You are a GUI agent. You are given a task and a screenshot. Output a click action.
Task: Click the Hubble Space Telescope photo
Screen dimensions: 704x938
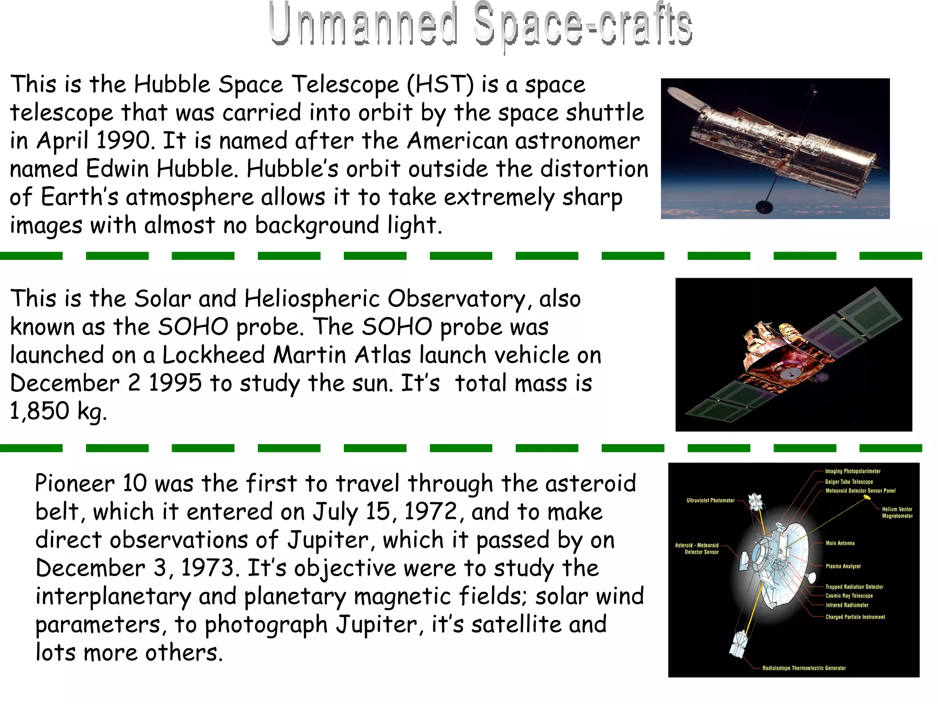click(775, 148)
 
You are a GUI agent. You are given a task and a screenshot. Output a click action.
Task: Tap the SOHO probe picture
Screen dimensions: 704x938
click(793, 354)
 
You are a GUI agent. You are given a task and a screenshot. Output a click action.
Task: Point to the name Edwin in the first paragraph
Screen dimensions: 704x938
click(117, 169)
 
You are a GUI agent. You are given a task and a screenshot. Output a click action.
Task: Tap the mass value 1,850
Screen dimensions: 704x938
click(39, 411)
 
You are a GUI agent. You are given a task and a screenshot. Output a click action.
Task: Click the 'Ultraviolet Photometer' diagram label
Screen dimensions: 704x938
click(710, 500)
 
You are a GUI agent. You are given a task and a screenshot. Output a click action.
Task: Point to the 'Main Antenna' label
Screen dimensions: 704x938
click(840, 543)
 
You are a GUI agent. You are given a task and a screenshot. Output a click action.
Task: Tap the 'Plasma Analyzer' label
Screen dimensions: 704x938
click(843, 566)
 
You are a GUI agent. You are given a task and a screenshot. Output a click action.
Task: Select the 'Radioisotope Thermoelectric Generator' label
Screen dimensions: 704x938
click(804, 668)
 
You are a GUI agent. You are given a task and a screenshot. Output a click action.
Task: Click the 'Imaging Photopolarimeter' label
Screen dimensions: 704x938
click(853, 471)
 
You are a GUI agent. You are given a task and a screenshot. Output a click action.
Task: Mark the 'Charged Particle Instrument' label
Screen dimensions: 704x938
click(855, 617)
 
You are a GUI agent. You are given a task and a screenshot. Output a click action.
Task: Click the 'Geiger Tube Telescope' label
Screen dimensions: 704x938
click(849, 482)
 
